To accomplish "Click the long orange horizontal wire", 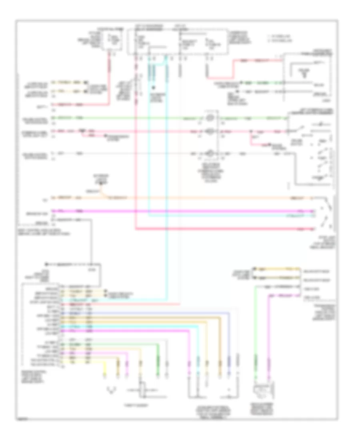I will (200, 198).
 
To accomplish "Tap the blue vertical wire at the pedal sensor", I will (229, 348).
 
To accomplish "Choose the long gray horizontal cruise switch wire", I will (120, 153).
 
